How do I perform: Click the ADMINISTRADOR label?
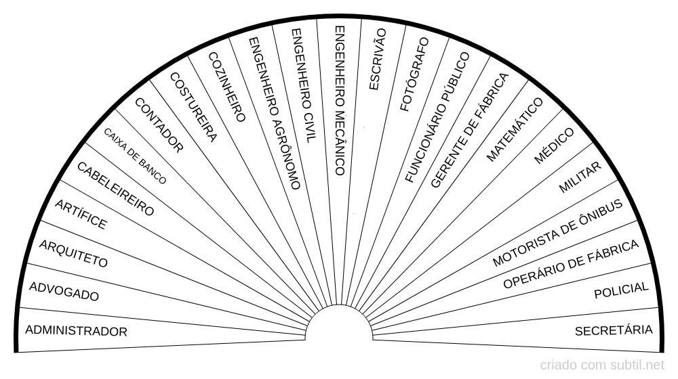tap(76, 331)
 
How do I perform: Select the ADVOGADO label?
tap(64, 291)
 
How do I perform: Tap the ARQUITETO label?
tap(73, 253)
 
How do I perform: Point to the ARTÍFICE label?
tap(80, 215)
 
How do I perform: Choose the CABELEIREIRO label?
tap(115, 189)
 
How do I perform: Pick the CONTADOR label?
tap(159, 125)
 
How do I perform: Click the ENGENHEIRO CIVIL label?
tap(303, 85)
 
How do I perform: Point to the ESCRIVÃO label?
tap(377, 59)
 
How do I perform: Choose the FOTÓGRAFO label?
tap(415, 74)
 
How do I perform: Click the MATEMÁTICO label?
tap(515, 129)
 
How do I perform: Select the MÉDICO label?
tap(554, 145)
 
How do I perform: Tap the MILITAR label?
tap(580, 178)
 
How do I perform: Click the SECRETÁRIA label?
tap(614, 330)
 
